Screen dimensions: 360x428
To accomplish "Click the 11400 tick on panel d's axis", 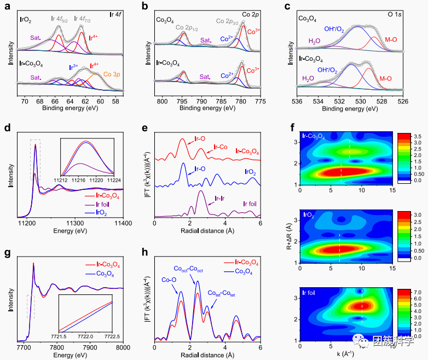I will point(123,223).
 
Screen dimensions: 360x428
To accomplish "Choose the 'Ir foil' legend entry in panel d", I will point(95,204).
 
